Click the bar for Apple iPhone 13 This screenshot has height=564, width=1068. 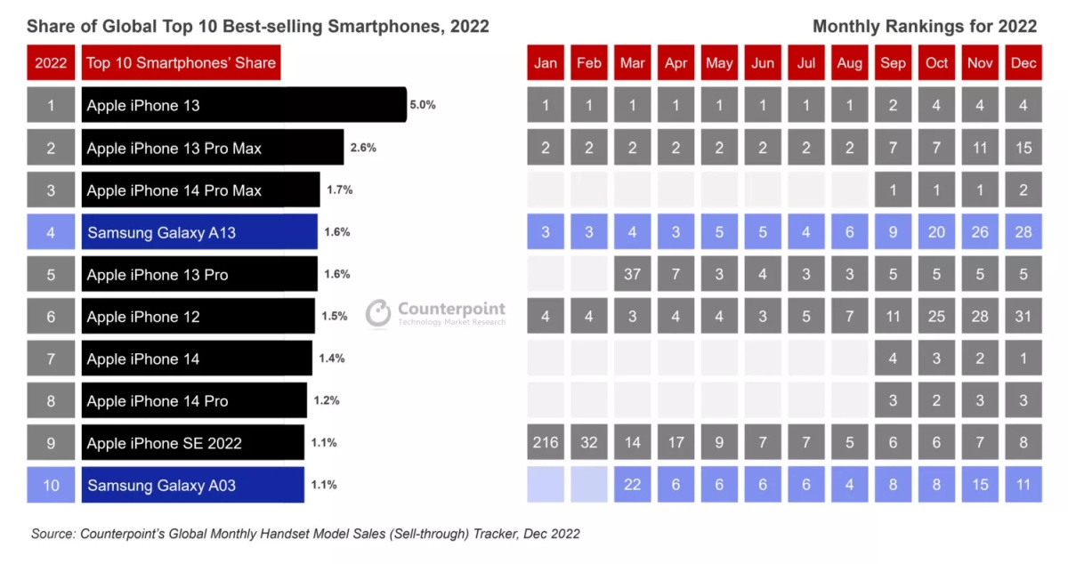243,105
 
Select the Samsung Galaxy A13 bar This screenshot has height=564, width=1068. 199,232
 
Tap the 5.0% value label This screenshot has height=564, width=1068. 423,105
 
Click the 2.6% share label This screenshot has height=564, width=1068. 363,148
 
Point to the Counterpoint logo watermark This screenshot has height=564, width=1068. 436,313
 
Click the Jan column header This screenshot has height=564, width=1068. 546,63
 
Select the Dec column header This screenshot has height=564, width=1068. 1023,63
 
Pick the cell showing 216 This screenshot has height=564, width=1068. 546,443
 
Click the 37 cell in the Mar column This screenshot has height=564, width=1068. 633,274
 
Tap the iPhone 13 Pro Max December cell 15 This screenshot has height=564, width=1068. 1023,148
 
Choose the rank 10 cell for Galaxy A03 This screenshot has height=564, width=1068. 51,485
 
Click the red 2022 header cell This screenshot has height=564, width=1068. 51,63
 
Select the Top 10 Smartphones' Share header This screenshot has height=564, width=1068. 182,63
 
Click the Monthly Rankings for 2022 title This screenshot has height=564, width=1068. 924,27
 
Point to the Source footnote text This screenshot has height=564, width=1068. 305,534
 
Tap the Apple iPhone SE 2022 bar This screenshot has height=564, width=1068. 192,443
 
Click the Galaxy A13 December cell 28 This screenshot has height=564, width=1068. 1023,232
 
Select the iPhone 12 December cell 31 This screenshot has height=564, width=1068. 1023,317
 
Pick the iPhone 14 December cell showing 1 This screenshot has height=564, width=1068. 1023,359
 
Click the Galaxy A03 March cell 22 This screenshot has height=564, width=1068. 633,485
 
